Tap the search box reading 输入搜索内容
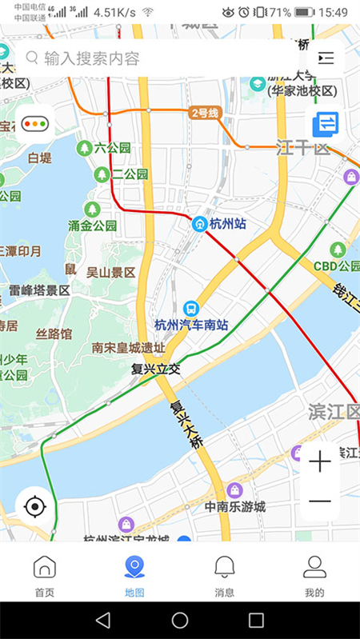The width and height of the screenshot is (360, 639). (160, 58)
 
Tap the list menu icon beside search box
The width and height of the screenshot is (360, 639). (326, 58)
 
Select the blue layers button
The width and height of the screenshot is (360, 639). (326, 124)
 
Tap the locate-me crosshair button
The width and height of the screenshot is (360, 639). (34, 506)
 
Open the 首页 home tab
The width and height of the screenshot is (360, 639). (44, 576)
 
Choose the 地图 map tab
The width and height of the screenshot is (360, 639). (134, 576)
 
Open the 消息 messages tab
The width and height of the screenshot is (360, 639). (225, 576)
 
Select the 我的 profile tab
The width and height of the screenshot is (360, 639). (315, 576)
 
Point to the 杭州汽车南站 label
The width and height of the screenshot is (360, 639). (191, 325)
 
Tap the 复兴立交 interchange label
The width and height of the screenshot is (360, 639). (157, 369)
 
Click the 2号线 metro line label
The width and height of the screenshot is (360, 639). (204, 113)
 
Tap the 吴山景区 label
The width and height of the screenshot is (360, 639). (110, 272)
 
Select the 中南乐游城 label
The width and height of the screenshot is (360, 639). (234, 506)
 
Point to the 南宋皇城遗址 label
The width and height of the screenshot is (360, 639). (128, 348)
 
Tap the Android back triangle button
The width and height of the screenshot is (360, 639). (103, 620)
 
